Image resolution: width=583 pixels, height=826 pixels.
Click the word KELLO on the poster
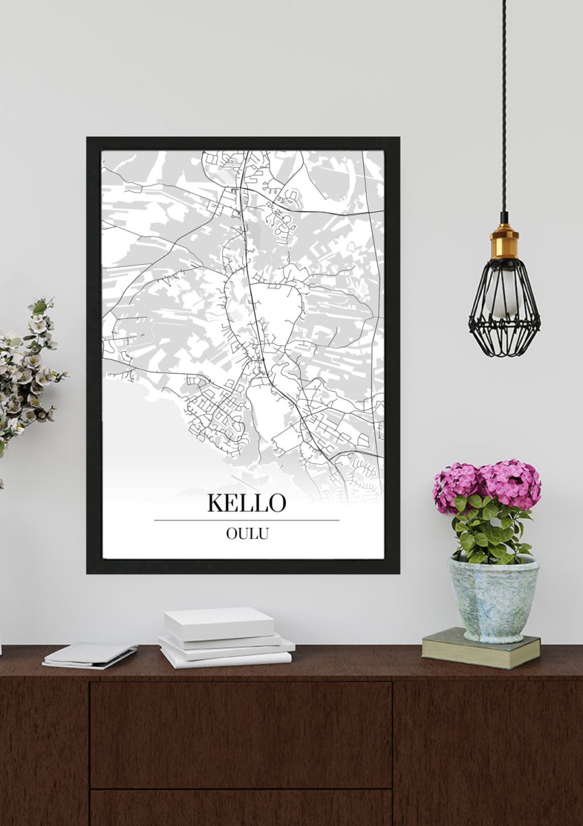(246, 503)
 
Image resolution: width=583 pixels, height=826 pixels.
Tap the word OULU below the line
(246, 533)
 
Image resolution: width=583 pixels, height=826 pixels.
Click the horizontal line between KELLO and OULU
(246, 520)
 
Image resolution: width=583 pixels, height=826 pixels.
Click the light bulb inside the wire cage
(503, 293)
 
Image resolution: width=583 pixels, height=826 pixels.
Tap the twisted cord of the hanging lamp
(503, 103)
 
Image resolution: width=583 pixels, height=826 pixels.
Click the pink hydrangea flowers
(488, 482)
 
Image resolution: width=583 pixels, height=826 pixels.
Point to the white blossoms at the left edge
(27, 372)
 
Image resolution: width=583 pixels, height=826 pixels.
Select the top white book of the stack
(219, 622)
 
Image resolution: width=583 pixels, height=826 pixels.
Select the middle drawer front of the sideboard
(241, 734)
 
